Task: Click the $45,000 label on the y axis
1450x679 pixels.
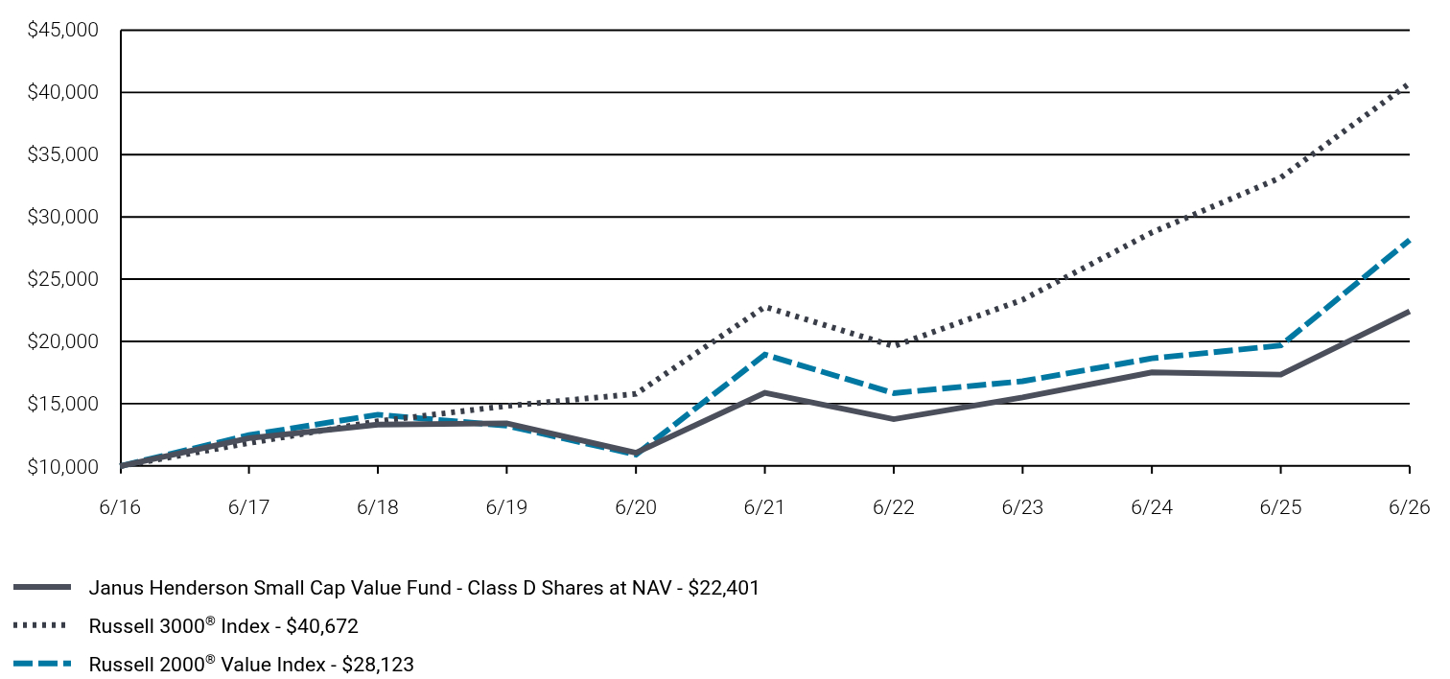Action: (62, 30)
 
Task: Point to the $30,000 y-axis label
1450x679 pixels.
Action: (62, 217)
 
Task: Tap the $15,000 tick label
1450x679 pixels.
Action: (62, 404)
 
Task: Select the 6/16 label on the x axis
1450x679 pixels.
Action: (120, 506)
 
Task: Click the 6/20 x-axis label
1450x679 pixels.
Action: (636, 506)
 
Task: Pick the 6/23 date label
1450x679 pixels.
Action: (1022, 506)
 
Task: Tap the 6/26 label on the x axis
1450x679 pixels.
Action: (1409, 506)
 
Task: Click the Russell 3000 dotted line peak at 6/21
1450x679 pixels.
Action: (765, 307)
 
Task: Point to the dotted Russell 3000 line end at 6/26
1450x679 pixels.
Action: (1409, 84)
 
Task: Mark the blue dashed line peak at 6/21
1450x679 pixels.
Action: (765, 354)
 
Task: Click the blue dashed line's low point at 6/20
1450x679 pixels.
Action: (636, 455)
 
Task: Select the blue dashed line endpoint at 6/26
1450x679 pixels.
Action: (1409, 240)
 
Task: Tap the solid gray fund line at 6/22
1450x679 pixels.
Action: (894, 419)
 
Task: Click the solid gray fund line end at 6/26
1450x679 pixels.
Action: (1409, 312)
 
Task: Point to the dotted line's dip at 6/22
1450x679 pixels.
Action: (894, 345)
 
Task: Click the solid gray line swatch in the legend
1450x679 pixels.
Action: (42, 587)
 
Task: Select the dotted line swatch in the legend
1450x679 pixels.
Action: (40, 625)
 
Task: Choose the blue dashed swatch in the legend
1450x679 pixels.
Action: (42, 664)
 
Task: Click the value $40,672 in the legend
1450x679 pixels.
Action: (321, 626)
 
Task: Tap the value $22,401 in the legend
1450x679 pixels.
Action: (723, 588)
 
